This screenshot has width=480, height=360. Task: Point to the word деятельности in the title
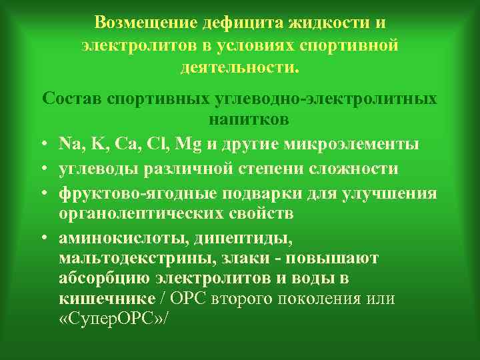[x=238, y=67]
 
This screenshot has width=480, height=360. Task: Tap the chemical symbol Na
[x=69, y=144]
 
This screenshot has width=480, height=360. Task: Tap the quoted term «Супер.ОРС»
[x=110, y=319]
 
